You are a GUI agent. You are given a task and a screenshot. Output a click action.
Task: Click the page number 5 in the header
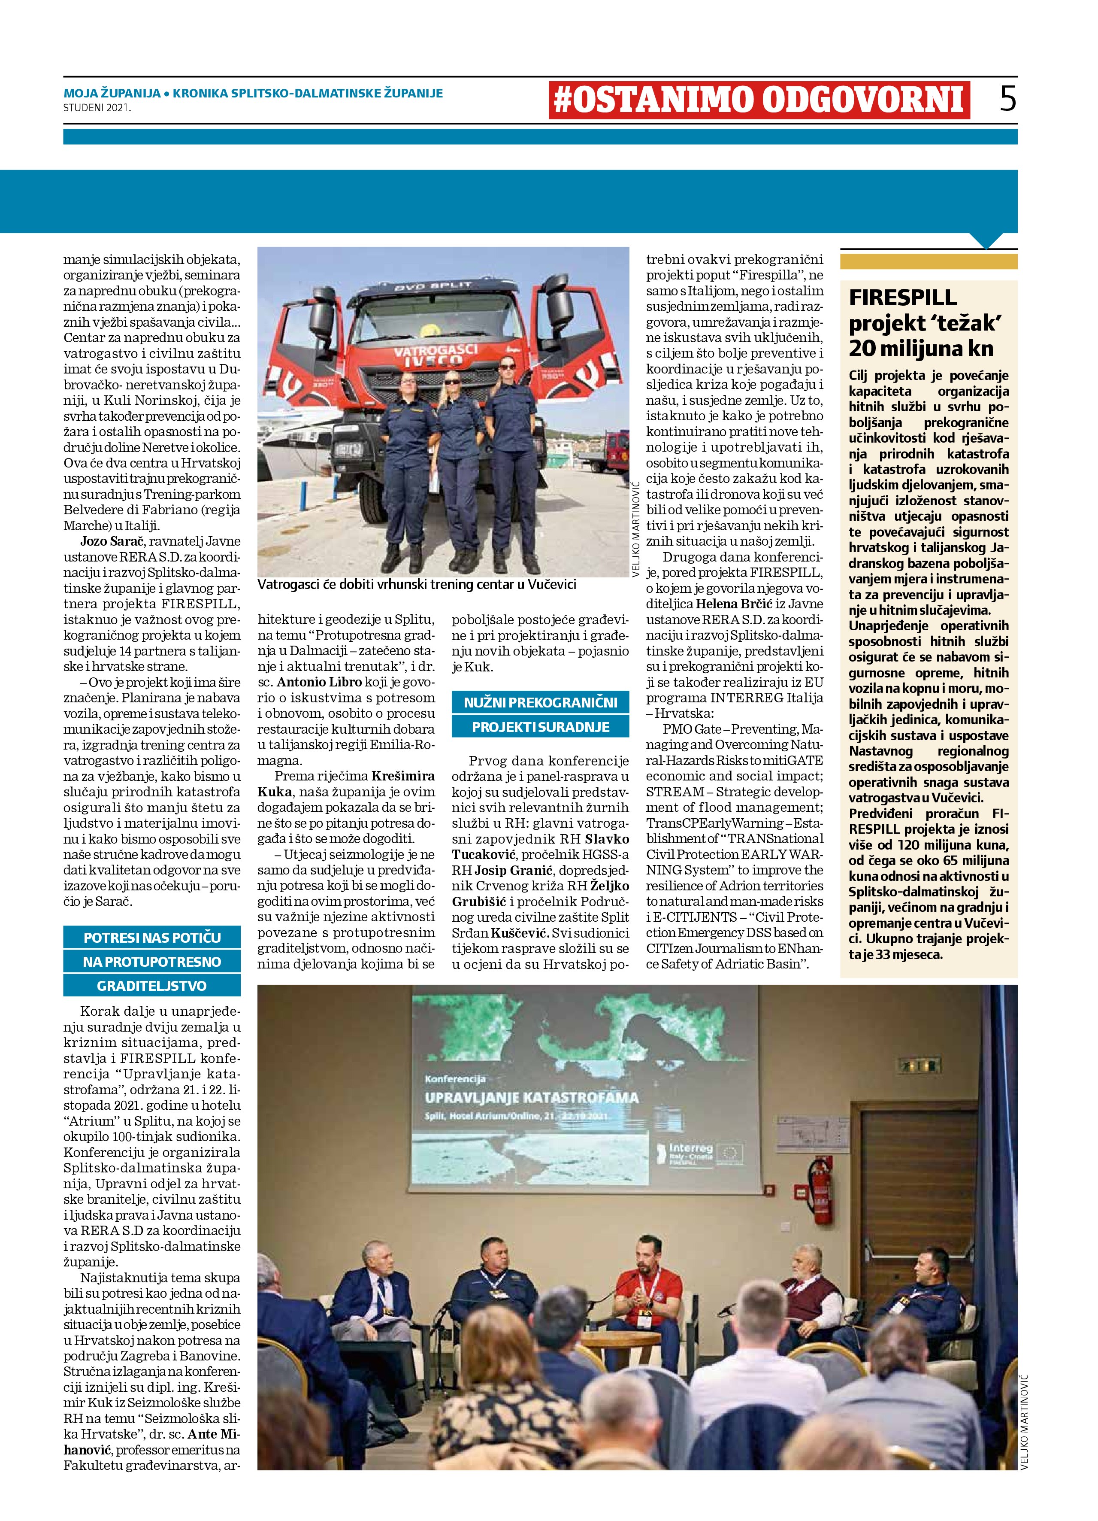(1007, 99)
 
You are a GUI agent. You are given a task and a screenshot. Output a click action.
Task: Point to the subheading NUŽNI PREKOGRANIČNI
(540, 703)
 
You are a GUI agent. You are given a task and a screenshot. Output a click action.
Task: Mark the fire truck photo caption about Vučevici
(416, 585)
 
